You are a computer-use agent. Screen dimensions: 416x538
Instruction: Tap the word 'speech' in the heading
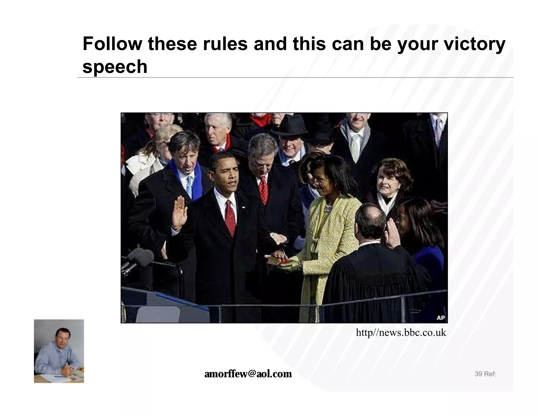pos(115,67)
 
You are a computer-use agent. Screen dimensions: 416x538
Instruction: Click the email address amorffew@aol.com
pos(248,374)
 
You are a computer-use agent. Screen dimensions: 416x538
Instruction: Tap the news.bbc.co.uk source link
pos(401,333)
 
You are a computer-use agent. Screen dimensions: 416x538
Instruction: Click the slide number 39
pos(478,374)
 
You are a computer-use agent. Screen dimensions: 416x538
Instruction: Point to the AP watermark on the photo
pos(441,318)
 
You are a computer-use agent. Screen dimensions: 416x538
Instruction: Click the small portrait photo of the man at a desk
pos(59,351)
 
